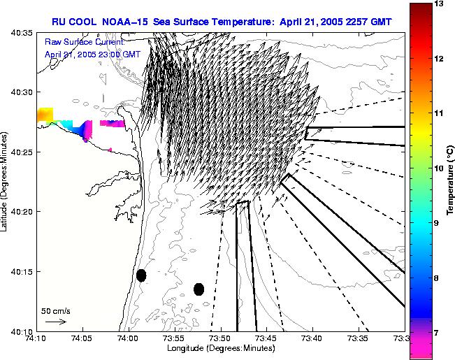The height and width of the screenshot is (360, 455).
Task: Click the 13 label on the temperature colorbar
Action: pos(439,4)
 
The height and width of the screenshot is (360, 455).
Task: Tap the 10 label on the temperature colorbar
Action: pos(439,168)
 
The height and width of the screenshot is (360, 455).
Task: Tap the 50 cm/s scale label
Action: pos(56,310)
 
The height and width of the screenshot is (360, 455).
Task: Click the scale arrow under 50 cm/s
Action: pos(56,322)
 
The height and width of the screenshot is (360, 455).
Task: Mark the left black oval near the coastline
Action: pos(141,275)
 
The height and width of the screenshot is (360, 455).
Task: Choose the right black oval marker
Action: pos(199,289)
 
